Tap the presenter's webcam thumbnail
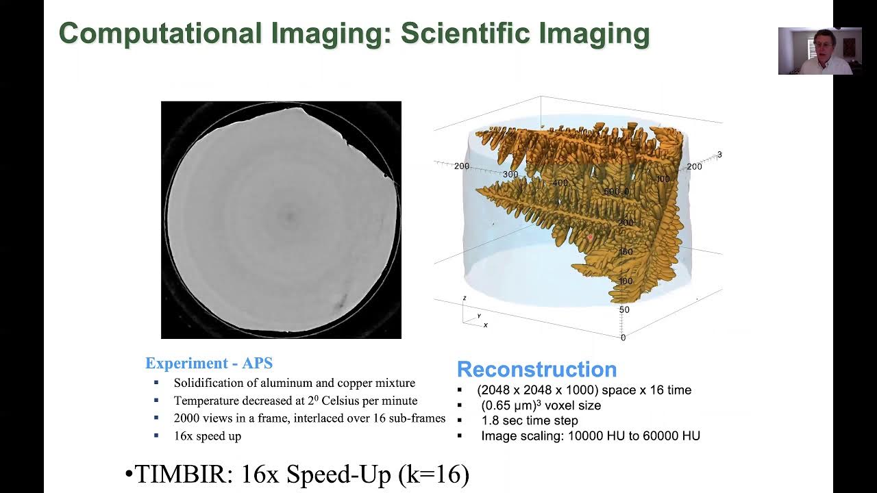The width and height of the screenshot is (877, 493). click(819, 51)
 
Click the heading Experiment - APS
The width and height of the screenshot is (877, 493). click(209, 364)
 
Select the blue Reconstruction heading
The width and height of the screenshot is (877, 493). click(536, 370)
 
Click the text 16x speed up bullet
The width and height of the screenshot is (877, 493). click(207, 435)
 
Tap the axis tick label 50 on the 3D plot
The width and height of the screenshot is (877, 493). click(624, 310)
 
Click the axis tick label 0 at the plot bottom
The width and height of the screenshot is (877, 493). click(623, 338)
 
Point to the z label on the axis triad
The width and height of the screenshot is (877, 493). click(465, 298)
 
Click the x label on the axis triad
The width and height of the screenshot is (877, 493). click(485, 325)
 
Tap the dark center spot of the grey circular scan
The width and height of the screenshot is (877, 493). click(289, 217)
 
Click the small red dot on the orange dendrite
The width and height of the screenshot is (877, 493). click(590, 237)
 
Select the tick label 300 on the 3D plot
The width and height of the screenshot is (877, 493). click(510, 175)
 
